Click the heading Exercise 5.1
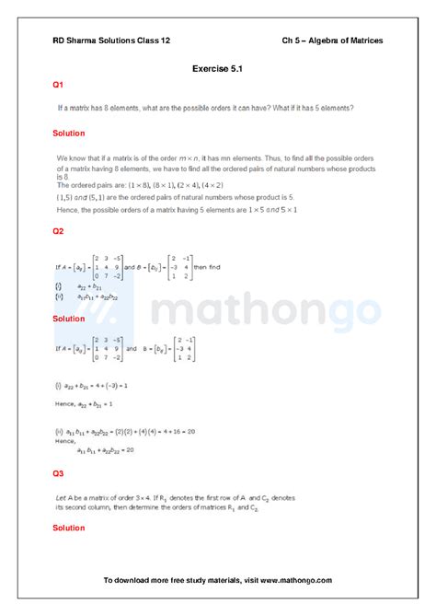[218, 68]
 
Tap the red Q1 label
[58, 85]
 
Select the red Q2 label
[58, 231]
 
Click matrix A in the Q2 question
[98, 267]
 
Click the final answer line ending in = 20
[106, 449]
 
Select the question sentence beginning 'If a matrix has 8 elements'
[205, 108]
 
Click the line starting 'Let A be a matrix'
[175, 497]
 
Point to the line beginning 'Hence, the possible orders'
[177, 210]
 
